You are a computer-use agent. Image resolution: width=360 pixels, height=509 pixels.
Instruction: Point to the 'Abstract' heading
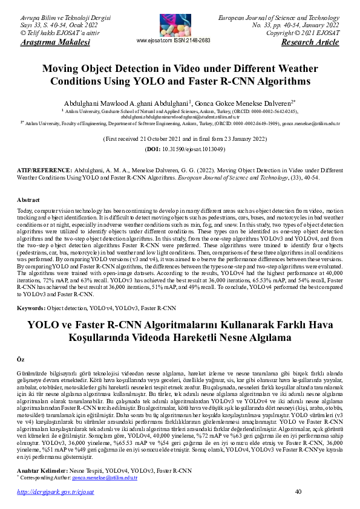28,199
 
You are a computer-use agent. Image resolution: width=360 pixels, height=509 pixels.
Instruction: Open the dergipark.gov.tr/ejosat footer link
56,492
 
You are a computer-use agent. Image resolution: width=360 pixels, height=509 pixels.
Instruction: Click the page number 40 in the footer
298,491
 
